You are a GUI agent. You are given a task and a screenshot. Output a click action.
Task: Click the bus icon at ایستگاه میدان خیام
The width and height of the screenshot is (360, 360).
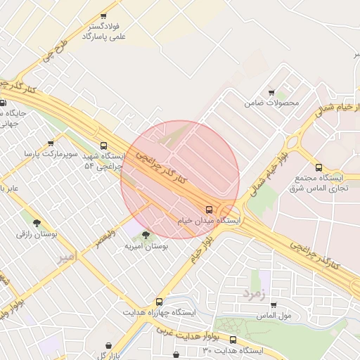pyautogui.click(x=209, y=210)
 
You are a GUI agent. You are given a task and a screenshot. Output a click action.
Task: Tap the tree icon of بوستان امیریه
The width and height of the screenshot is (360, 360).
pyautogui.click(x=146, y=235)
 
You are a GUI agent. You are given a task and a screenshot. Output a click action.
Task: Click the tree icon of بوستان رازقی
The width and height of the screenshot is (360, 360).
pyautogui.click(x=29, y=213)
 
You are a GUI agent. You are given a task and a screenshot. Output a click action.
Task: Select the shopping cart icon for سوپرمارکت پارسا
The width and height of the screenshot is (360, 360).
pyautogui.click(x=49, y=140)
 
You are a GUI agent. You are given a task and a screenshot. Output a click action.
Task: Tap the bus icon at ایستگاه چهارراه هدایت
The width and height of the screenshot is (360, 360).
pyautogui.click(x=160, y=301)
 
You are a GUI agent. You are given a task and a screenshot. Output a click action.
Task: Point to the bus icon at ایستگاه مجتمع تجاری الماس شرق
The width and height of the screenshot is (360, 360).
pyautogui.click(x=319, y=167)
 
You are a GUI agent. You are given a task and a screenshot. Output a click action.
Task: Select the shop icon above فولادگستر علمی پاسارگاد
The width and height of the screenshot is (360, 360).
pyautogui.click(x=104, y=16)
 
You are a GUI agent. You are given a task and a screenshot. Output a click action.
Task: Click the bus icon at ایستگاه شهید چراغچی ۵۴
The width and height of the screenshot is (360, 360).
pyautogui.click(x=104, y=146)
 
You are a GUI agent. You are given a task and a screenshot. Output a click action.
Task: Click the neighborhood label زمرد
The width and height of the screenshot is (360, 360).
pyautogui.click(x=254, y=292)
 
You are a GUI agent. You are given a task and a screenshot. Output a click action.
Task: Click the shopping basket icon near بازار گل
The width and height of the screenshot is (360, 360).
pyautogui.click(x=108, y=345)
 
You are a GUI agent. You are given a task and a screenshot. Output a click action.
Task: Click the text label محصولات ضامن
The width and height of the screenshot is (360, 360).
pyautogui.click(x=271, y=103)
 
